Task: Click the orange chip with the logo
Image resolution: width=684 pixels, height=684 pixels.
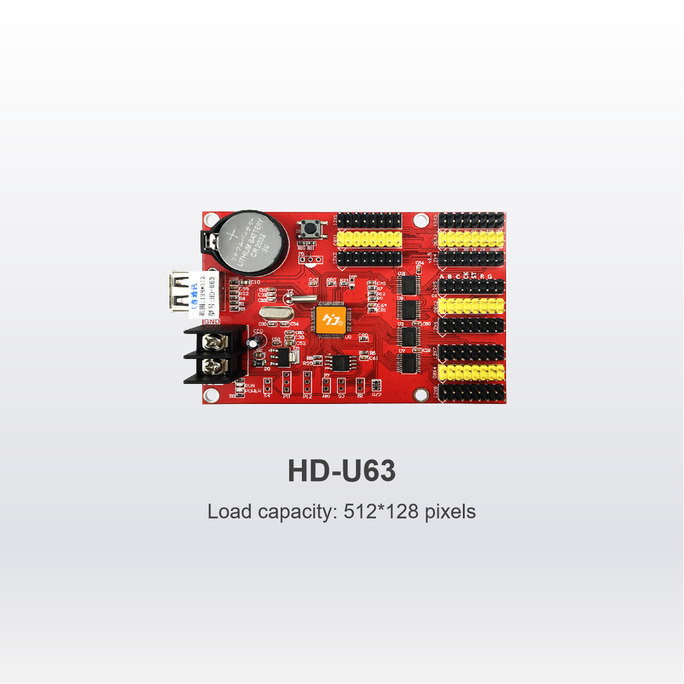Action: pyautogui.click(x=331, y=318)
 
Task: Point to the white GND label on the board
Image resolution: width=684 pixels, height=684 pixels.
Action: pyautogui.click(x=212, y=321)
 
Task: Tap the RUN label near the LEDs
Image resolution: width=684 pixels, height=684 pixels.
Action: pyautogui.click(x=250, y=385)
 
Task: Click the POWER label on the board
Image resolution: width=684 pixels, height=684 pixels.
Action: pyautogui.click(x=252, y=390)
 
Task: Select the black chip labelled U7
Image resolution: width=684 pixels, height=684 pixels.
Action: pyautogui.click(x=409, y=363)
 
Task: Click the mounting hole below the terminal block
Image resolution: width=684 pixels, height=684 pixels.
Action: pyautogui.click(x=211, y=393)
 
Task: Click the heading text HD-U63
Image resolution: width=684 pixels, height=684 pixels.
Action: pyautogui.click(x=341, y=471)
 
